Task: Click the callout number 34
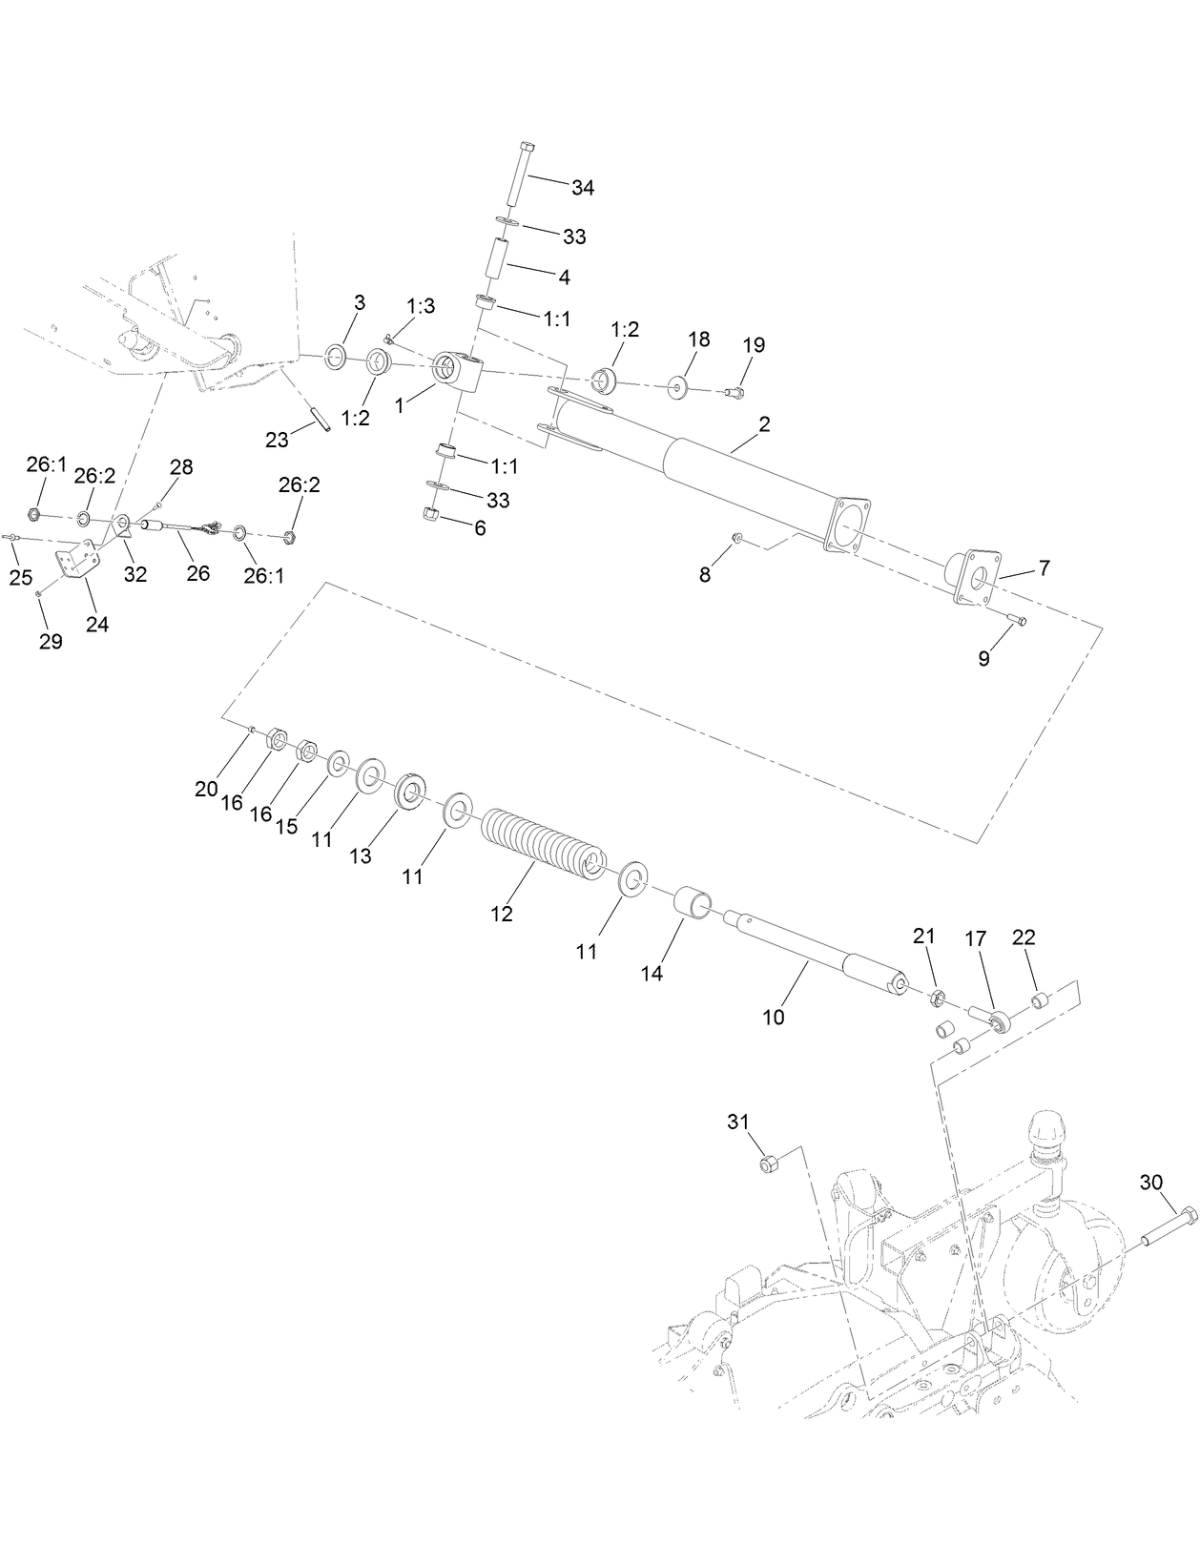583,188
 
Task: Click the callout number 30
1151,1182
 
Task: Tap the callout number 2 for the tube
764,424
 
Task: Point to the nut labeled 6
430,515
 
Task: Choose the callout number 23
277,439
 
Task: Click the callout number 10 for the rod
774,1018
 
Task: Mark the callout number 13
360,855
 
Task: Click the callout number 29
51,641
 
